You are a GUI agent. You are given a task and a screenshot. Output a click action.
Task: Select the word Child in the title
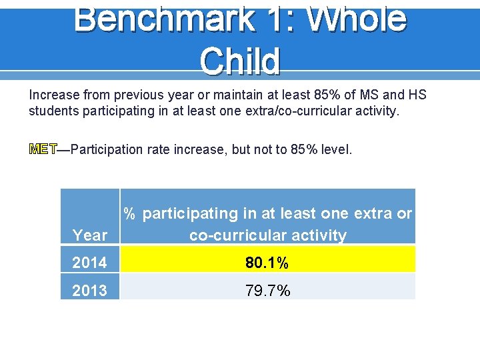click(x=239, y=61)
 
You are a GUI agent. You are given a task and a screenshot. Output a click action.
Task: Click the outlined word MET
click(x=43, y=149)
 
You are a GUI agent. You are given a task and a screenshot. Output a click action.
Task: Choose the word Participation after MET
click(x=107, y=149)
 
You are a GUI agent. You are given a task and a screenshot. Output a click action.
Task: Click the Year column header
click(x=90, y=235)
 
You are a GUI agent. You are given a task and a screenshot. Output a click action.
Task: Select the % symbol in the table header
click(x=130, y=214)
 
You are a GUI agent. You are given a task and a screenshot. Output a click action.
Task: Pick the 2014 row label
click(x=90, y=263)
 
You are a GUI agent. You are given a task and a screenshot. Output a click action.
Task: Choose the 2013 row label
click(x=90, y=290)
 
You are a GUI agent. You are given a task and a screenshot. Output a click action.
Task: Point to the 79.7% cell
click(x=267, y=290)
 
